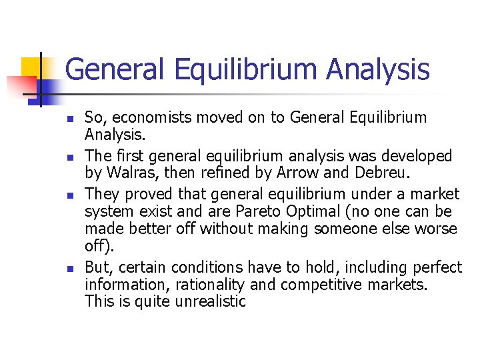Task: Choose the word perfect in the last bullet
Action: [437, 268]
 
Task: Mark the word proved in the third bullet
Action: [142, 194]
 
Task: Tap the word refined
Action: [214, 174]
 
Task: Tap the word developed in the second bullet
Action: [417, 156]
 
